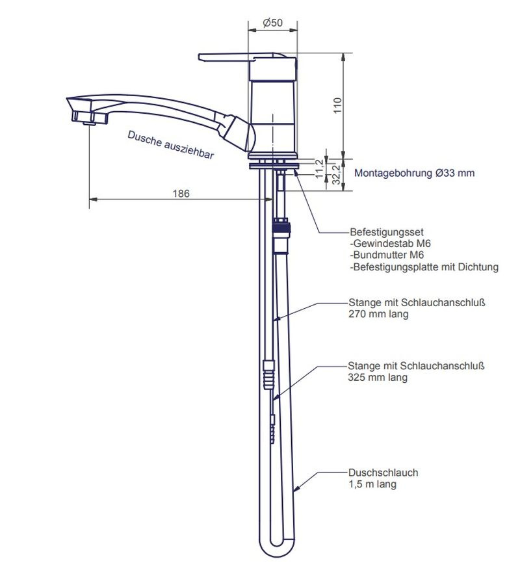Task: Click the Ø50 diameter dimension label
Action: point(272,23)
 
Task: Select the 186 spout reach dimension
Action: point(181,193)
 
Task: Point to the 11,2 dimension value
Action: point(319,166)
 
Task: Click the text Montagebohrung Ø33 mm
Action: point(414,174)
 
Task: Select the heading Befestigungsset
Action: point(387,232)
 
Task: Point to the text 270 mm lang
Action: point(379,314)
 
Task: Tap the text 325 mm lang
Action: point(378,377)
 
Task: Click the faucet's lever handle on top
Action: point(240,58)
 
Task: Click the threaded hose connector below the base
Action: point(281,228)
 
